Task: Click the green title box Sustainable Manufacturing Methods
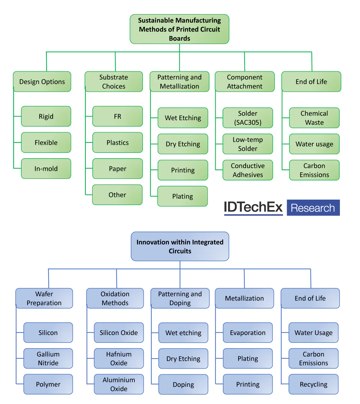click(x=179, y=29)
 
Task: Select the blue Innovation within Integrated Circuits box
click(x=180, y=246)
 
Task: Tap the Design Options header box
click(x=42, y=82)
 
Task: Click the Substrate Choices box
click(x=114, y=82)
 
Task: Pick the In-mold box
click(x=46, y=169)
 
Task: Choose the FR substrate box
click(x=117, y=116)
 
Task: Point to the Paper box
click(x=117, y=169)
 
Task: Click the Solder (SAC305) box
click(x=247, y=118)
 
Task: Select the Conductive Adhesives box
click(x=247, y=170)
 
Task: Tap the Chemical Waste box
click(x=314, y=118)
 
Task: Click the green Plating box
click(x=182, y=196)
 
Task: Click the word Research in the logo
click(x=313, y=208)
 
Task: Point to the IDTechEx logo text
click(x=253, y=207)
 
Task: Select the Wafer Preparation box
click(x=44, y=298)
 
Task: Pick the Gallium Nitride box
click(x=48, y=358)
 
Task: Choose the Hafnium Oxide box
click(x=119, y=358)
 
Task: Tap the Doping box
click(x=183, y=385)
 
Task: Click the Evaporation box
click(x=247, y=333)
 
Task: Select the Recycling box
click(x=313, y=384)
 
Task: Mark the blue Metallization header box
click(x=244, y=298)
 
